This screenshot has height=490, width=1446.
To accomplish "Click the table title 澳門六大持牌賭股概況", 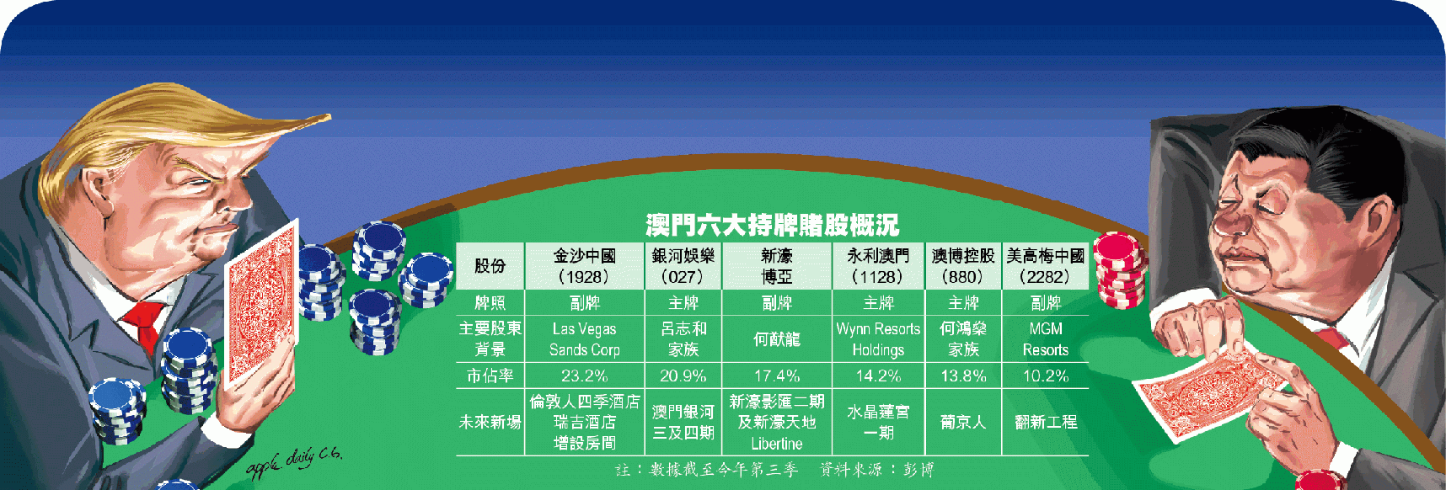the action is (772, 225).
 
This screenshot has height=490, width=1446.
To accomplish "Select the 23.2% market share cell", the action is (584, 375).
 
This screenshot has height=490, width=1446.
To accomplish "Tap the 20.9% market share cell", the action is (683, 375).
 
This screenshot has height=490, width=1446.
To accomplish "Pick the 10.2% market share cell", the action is (1045, 375).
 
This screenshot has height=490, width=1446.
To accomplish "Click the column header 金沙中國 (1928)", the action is (584, 266).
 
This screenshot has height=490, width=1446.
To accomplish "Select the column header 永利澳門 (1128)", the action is (878, 266).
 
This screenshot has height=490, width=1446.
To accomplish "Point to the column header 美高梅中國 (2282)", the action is (1045, 266).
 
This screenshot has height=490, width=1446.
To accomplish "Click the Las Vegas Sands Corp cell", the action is (584, 339).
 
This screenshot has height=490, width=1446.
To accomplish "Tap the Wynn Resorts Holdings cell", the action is (878, 339).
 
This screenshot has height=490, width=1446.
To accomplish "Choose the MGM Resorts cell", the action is (1045, 339).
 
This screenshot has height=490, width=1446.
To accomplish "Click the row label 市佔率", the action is (490, 375).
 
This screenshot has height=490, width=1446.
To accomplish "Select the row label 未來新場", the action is (490, 422).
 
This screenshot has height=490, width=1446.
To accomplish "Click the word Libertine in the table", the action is (776, 444).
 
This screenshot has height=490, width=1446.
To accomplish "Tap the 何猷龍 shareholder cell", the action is (776, 339).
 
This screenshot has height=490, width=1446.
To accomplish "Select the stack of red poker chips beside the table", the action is (1120, 270).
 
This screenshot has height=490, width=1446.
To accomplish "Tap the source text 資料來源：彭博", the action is (876, 470).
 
